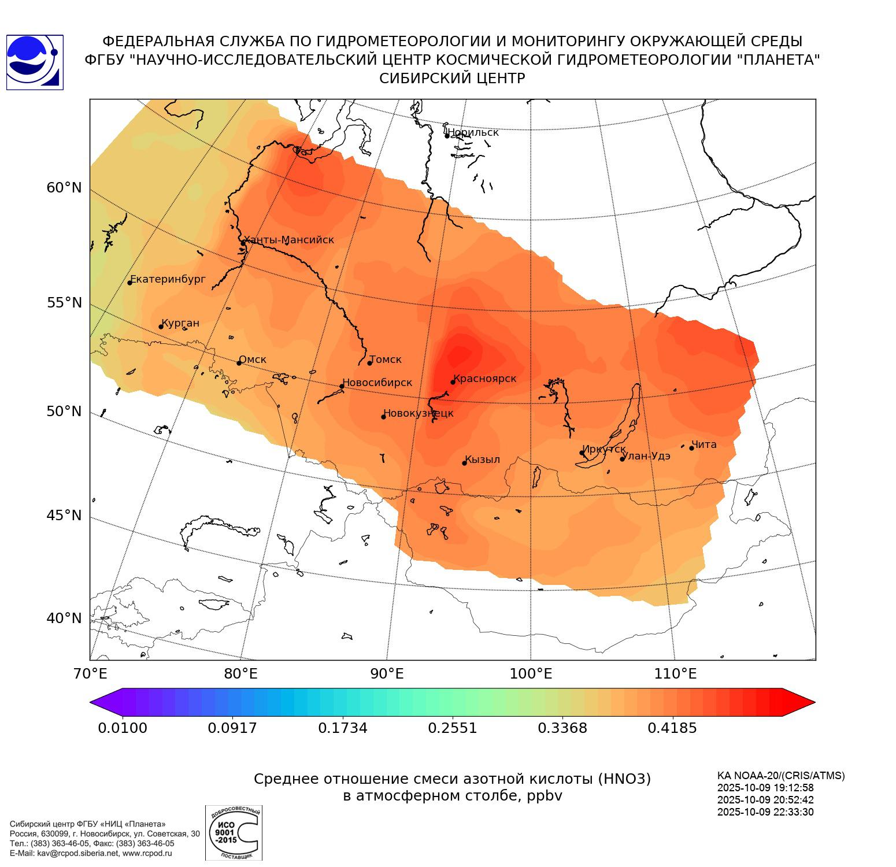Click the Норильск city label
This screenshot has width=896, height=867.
tap(473, 132)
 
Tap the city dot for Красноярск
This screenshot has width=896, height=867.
tap(453, 382)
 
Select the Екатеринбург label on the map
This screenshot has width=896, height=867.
tap(168, 279)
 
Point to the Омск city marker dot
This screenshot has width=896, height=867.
tap(239, 363)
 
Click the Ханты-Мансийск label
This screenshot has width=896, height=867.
tap(289, 240)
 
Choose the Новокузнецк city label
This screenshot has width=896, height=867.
tap(419, 413)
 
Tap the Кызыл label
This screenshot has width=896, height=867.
tap(483, 460)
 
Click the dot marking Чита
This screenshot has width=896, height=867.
tap(691, 448)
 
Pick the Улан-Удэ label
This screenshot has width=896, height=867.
tap(647, 456)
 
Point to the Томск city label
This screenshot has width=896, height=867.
tap(386, 360)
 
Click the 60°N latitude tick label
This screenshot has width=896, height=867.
tap(64, 188)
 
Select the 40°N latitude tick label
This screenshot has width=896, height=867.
tap(64, 618)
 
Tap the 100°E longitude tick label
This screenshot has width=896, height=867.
tap(531, 674)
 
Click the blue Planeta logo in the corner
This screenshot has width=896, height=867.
tap(35, 62)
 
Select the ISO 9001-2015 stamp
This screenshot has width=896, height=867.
tap(234, 832)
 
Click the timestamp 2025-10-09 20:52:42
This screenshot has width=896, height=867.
tap(765, 800)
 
